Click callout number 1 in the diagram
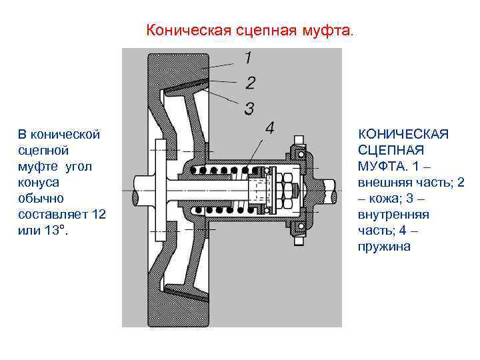(x=247, y=59)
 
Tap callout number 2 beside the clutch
(x=250, y=83)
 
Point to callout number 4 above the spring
(x=269, y=128)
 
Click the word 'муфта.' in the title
(x=333, y=31)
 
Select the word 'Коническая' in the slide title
(x=179, y=31)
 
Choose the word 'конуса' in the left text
(x=37, y=182)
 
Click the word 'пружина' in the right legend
(x=385, y=247)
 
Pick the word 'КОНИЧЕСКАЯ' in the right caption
(x=403, y=135)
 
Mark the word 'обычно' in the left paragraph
(x=39, y=198)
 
